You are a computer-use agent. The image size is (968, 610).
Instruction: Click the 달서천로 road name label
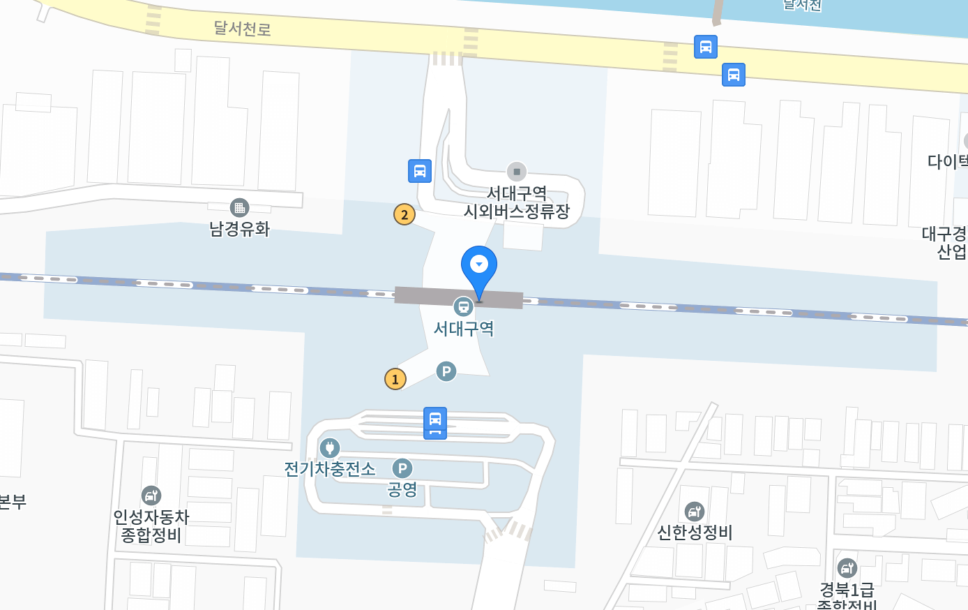click(x=242, y=29)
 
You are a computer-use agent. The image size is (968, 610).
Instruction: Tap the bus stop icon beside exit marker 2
click(x=420, y=171)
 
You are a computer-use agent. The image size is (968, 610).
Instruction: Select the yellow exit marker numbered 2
click(x=404, y=214)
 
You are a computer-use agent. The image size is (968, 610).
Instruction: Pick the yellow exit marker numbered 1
click(x=395, y=379)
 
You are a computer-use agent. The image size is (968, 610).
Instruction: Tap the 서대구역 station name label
click(x=464, y=328)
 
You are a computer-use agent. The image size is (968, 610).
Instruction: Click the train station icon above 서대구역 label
click(x=463, y=306)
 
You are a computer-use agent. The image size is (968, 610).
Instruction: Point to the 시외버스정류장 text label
click(x=517, y=211)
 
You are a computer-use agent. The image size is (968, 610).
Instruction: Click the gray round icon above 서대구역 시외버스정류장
click(x=517, y=171)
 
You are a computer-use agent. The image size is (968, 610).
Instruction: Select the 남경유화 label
click(x=239, y=229)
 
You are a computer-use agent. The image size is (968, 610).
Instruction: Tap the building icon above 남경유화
click(x=239, y=207)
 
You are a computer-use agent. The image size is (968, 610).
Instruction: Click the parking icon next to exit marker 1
click(x=446, y=371)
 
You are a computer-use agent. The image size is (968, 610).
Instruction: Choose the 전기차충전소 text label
click(x=330, y=468)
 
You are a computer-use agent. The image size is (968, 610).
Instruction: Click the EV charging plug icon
click(x=330, y=447)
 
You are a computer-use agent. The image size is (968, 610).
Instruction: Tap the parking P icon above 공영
click(x=402, y=468)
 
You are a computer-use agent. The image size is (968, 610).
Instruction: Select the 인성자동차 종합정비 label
click(x=151, y=526)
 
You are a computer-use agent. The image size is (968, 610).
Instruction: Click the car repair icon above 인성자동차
click(x=151, y=496)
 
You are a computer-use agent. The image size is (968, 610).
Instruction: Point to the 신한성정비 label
click(x=695, y=533)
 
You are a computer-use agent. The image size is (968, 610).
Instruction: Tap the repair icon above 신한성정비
click(x=695, y=512)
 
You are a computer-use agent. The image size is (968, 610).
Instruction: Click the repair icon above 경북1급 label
click(x=847, y=568)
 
